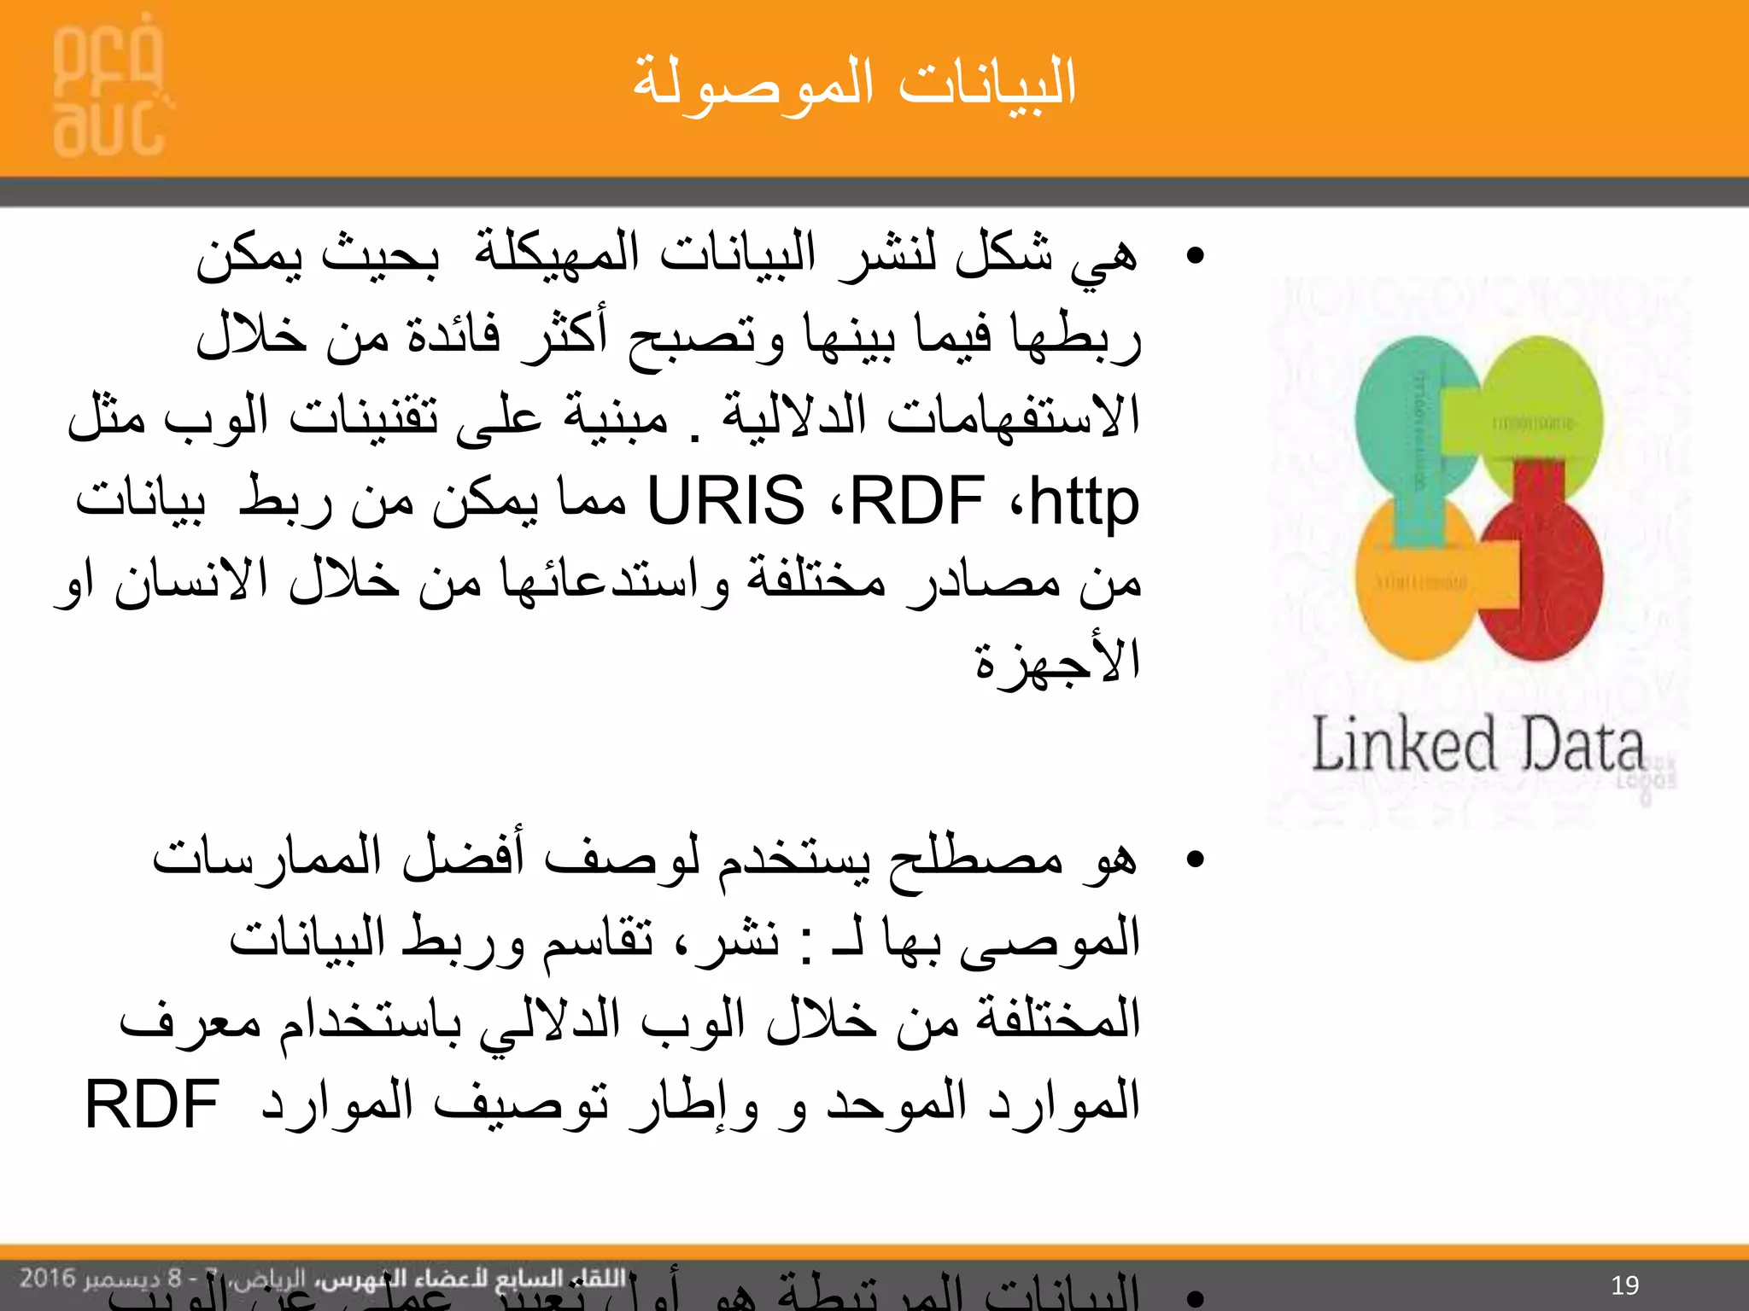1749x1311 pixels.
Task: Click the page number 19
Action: tap(1624, 1285)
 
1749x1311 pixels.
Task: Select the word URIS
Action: tap(726, 501)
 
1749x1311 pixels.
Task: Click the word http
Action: tap(1085, 501)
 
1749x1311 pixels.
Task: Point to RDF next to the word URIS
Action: tap(918, 501)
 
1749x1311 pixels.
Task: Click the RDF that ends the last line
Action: tap(152, 1104)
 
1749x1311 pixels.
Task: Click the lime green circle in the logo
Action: tap(1546, 401)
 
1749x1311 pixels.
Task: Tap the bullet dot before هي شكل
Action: tap(1196, 255)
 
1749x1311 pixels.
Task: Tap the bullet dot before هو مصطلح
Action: tap(1196, 859)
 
